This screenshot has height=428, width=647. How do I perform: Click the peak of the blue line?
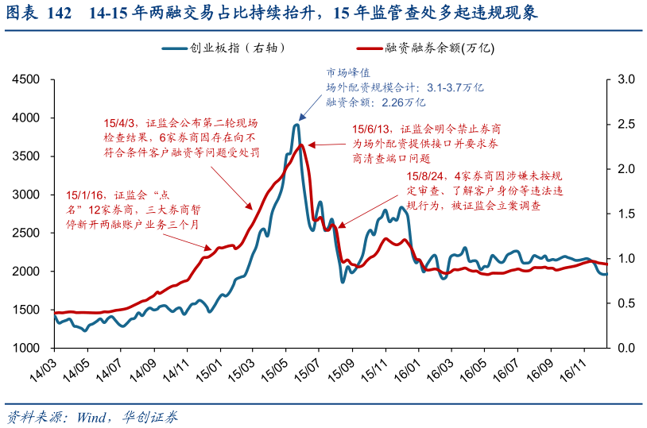pyautogui.click(x=296, y=125)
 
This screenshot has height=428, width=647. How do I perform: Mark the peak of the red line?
pyautogui.click(x=300, y=145)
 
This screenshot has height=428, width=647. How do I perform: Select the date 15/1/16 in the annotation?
pyautogui.click(x=82, y=195)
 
